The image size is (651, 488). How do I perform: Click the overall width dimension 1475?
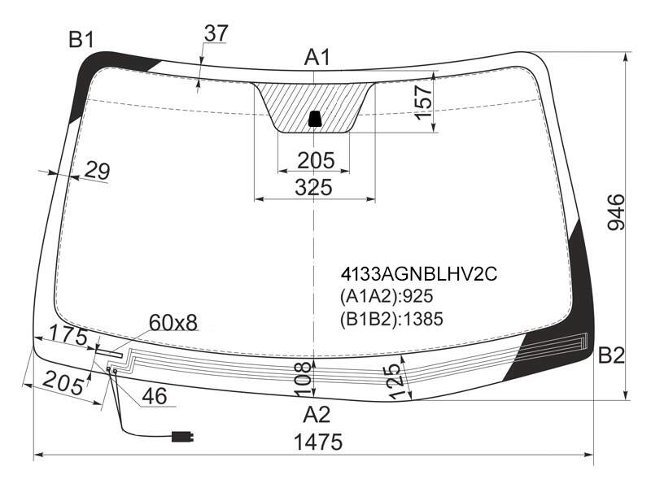pyautogui.click(x=318, y=442)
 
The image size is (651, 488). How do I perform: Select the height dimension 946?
pyautogui.click(x=616, y=211)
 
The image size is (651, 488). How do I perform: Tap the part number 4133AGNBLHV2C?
pyautogui.click(x=418, y=274)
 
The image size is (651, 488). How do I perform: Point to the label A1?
pyautogui.click(x=317, y=57)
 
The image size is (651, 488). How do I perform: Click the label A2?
pyautogui.click(x=317, y=414)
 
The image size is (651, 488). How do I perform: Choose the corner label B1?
pyautogui.click(x=81, y=40)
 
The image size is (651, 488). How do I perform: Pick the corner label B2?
pyautogui.click(x=611, y=355)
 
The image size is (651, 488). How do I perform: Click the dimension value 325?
pyautogui.click(x=314, y=187)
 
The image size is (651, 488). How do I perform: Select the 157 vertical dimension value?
pyautogui.click(x=423, y=102)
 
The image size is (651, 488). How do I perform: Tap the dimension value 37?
pyautogui.click(x=216, y=33)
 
